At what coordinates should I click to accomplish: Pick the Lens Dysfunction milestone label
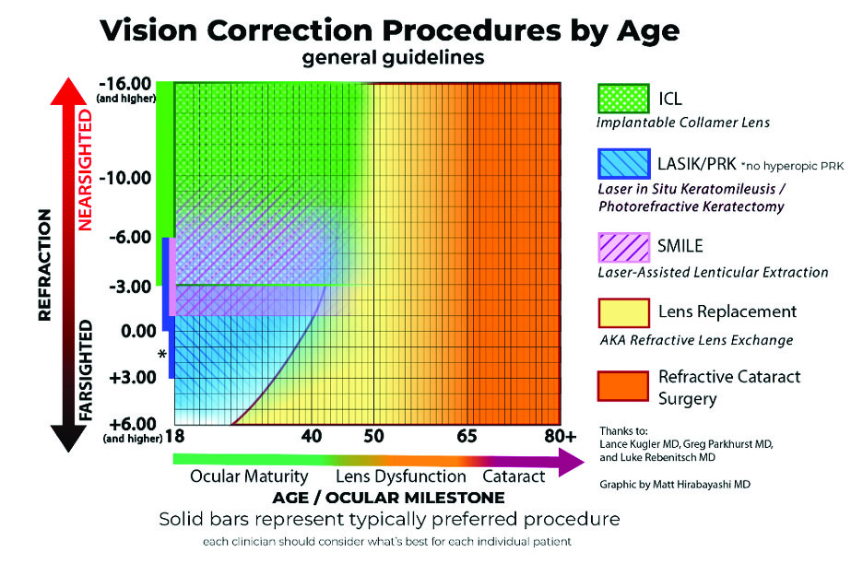(x=401, y=476)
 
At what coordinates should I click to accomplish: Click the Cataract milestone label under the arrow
(x=514, y=476)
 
